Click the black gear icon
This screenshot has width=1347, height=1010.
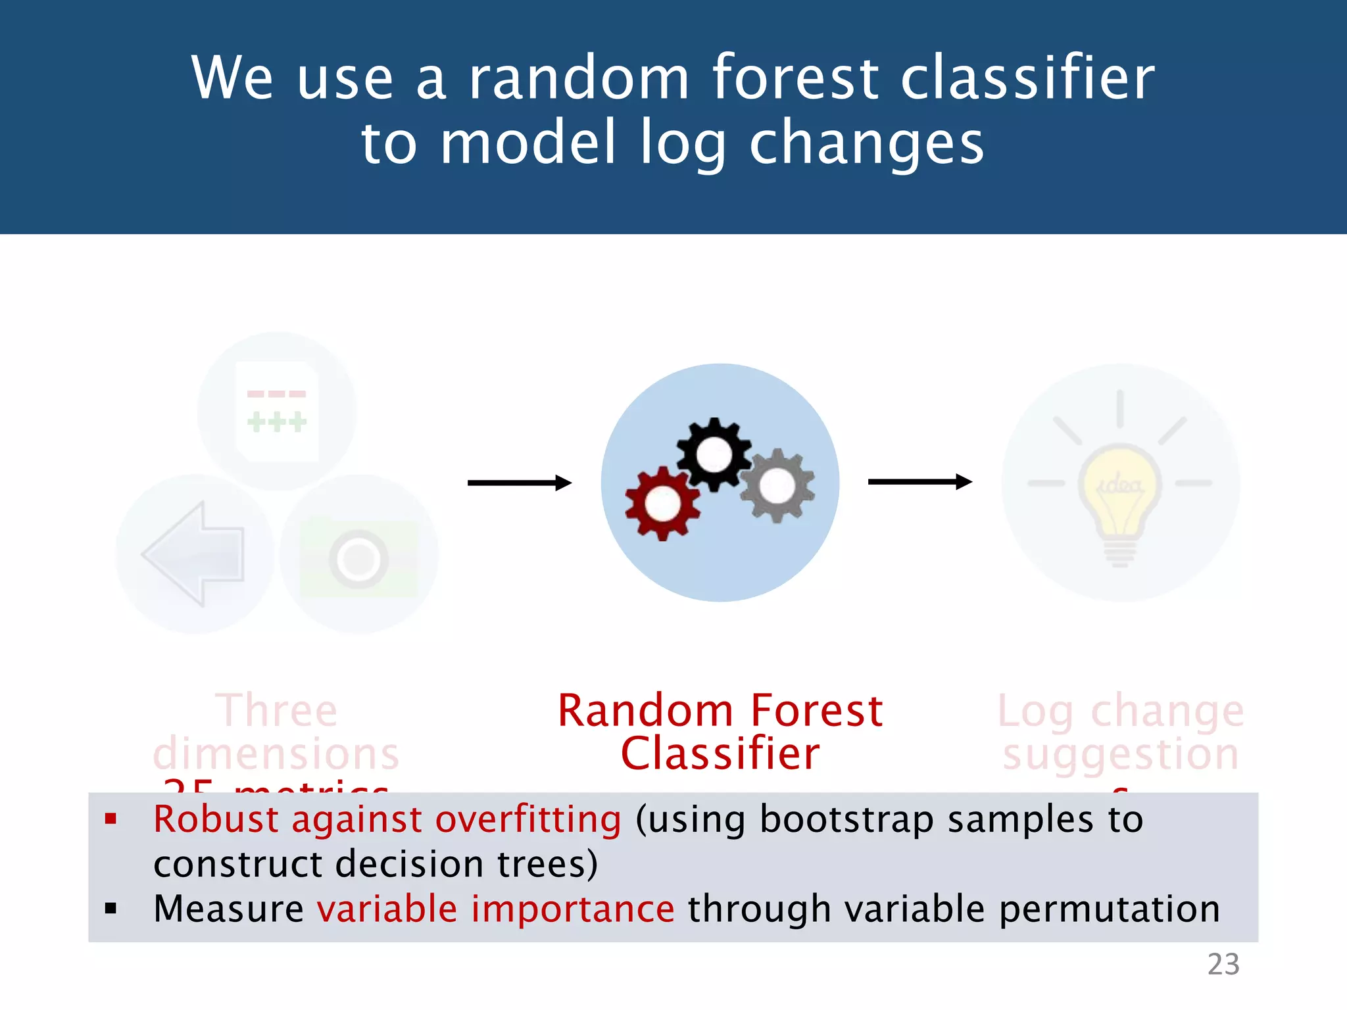pos(714,454)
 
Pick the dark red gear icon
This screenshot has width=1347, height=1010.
pos(662,504)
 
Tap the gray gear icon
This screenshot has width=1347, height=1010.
pos(777,486)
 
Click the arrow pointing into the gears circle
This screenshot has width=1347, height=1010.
pos(519,483)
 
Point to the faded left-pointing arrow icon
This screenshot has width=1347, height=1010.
pos(193,554)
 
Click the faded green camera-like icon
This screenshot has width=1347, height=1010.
pos(358,559)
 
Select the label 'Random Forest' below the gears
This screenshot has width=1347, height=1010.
pos(720,711)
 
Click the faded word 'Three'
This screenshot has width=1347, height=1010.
pos(276,711)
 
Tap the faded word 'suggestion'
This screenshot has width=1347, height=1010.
pos(1120,754)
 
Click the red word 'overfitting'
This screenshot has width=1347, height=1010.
pos(527,819)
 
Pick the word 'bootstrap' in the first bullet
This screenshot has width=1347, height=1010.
pos(846,819)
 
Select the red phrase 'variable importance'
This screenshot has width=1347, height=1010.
pos(495,909)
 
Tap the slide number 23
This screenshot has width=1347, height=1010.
pos(1223,965)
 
